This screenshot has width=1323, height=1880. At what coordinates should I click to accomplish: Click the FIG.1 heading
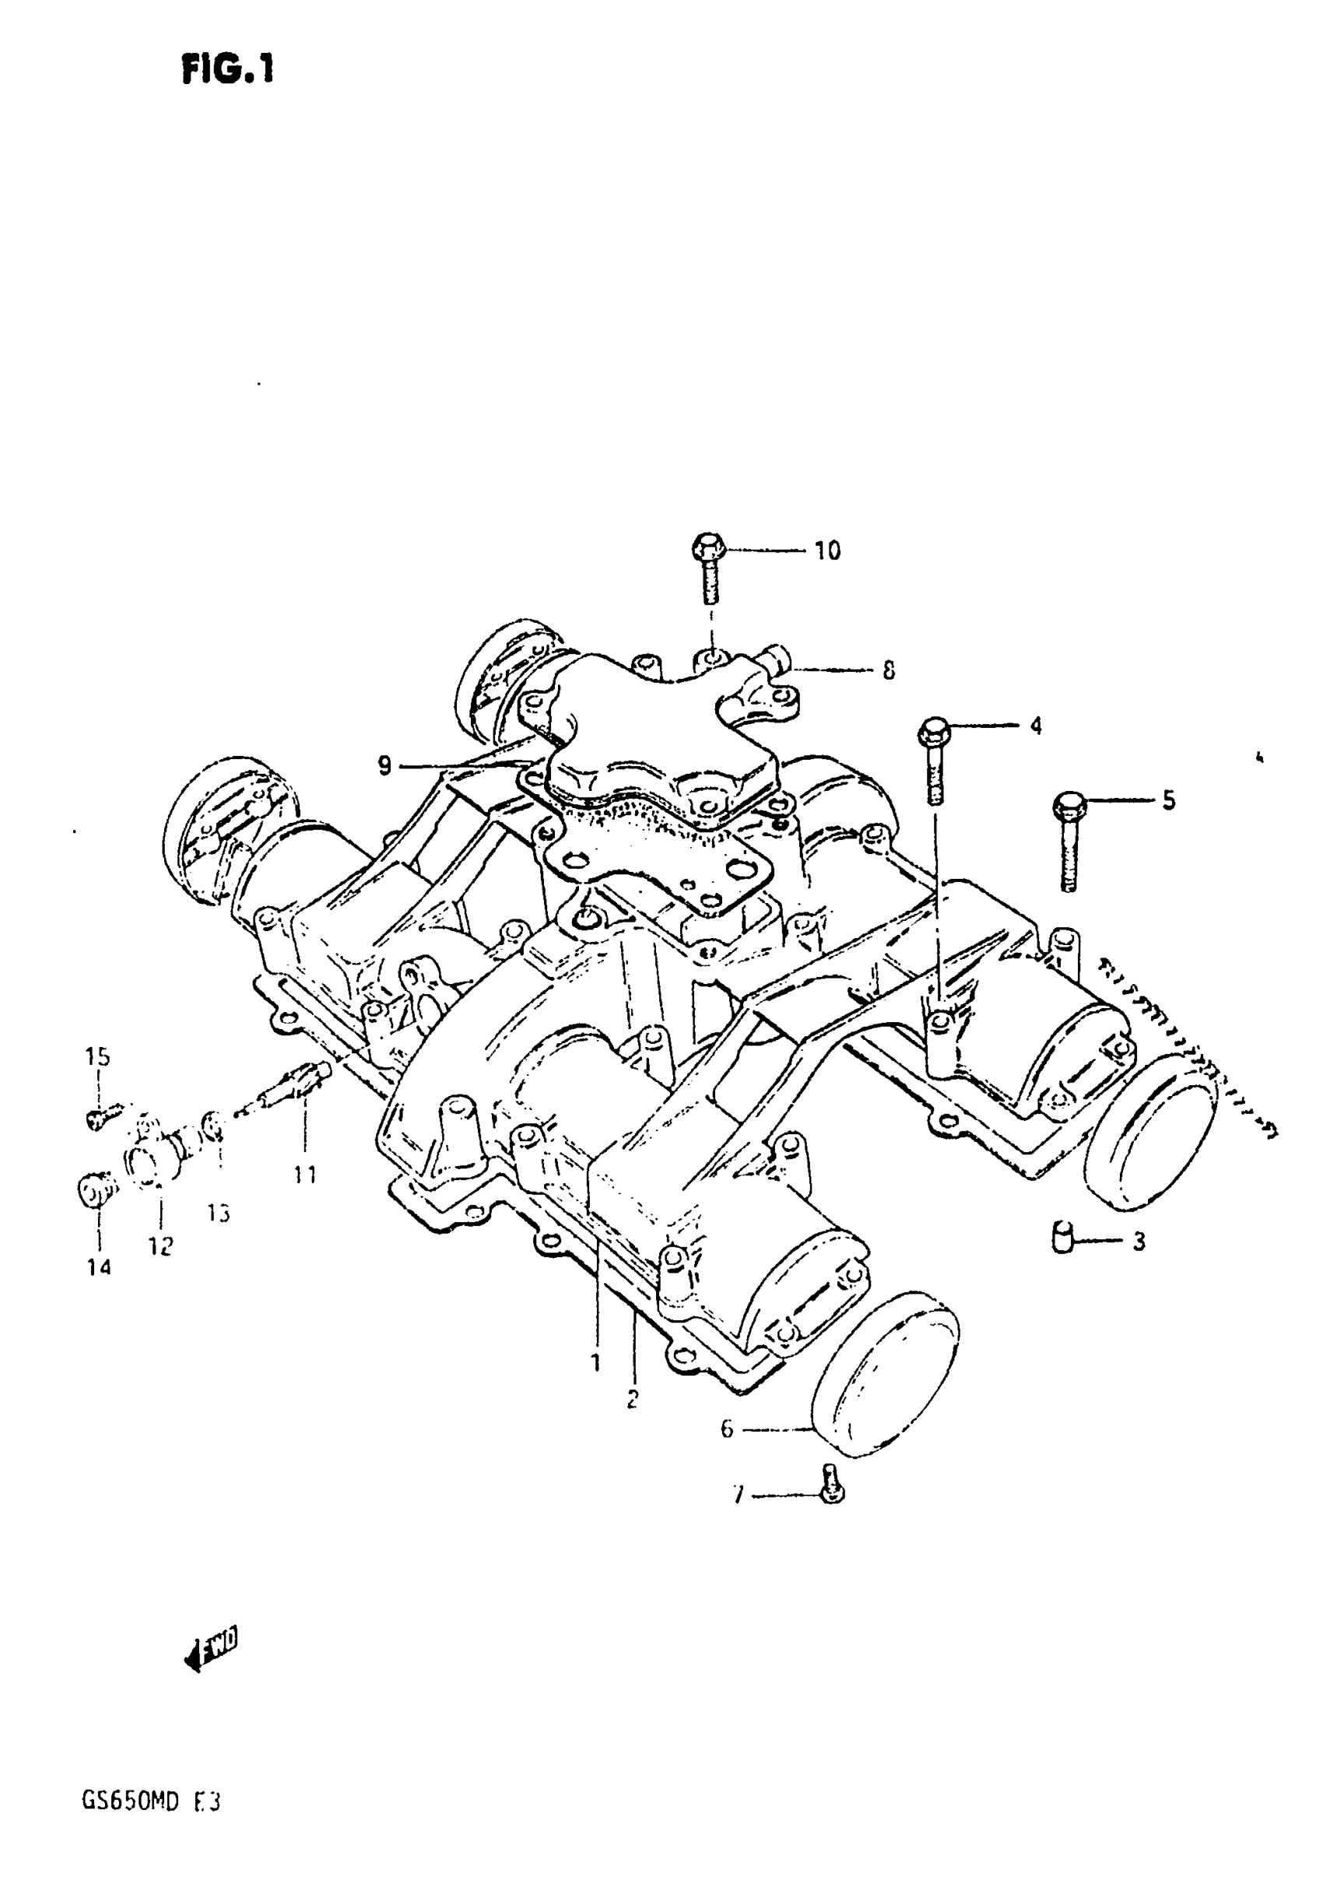227,69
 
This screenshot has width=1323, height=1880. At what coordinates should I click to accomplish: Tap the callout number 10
826,551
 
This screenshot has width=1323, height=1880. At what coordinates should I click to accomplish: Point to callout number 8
888,671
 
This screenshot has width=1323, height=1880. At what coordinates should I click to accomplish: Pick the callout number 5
1168,800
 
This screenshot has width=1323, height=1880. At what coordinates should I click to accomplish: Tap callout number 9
384,767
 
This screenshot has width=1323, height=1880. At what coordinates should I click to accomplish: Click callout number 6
727,1429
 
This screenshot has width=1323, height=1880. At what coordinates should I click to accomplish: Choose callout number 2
632,1400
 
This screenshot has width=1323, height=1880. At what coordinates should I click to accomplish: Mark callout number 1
595,1362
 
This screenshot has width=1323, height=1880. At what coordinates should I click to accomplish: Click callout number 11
304,1175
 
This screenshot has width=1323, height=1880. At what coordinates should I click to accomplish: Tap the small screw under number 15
97,1117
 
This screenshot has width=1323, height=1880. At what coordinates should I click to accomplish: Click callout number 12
161,1246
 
